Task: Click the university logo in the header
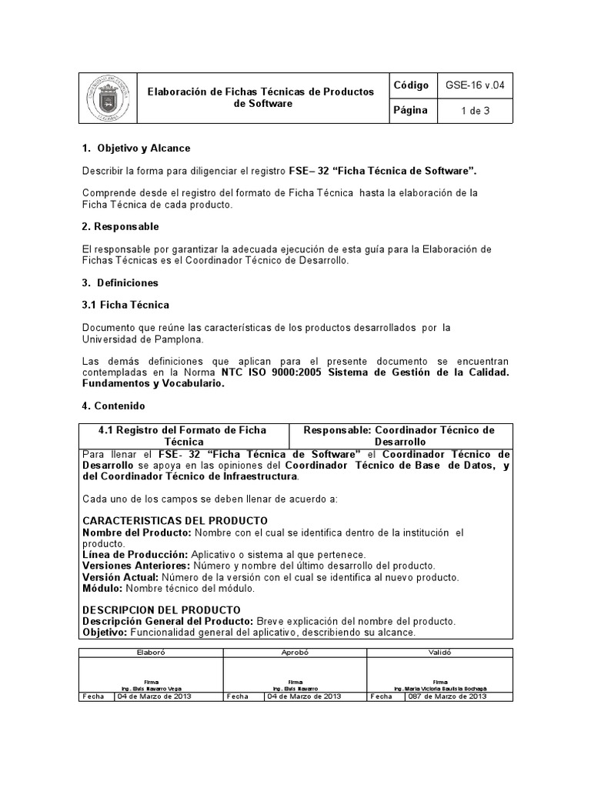coord(107,98)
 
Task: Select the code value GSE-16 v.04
coord(476,85)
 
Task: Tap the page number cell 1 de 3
coord(475,111)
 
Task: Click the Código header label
coord(411,85)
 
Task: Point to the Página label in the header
coord(410,110)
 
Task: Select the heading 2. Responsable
coord(120,226)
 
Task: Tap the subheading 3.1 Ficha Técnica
coord(125,306)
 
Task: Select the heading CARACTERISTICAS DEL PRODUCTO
coord(175,521)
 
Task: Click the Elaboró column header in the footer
coord(150,652)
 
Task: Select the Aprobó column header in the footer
coord(294,652)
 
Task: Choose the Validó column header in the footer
coord(438,652)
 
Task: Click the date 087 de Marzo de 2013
coord(447,696)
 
